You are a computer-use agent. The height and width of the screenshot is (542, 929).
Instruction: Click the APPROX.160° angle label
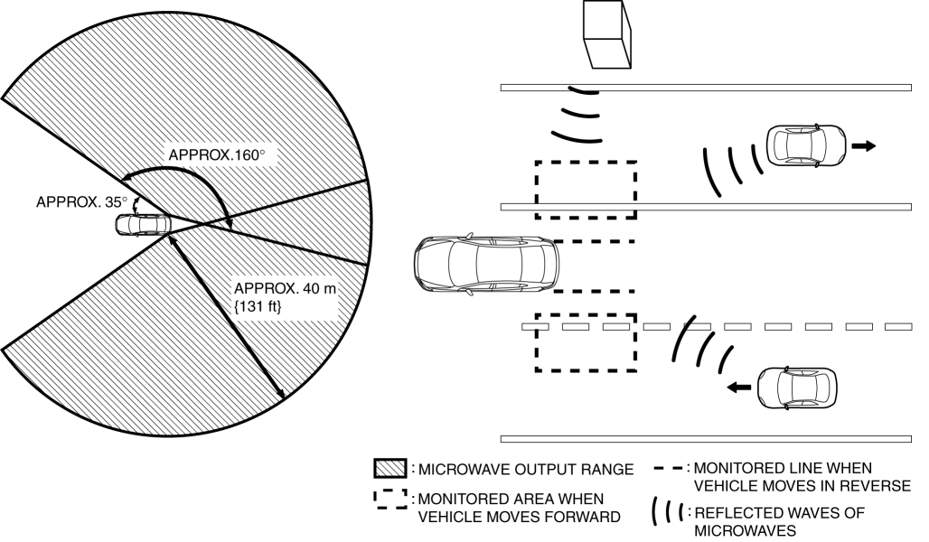tap(217, 154)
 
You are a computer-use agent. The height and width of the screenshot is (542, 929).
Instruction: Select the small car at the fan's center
tap(141, 224)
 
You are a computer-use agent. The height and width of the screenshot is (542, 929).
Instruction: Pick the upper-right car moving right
tap(806, 146)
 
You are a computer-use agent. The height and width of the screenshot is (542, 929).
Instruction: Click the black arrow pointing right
tap(865, 146)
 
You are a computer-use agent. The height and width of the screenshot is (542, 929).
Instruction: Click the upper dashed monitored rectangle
tap(586, 190)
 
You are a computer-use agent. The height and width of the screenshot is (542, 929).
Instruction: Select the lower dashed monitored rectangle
tap(586, 343)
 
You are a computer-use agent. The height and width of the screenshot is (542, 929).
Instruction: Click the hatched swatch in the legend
tap(391, 469)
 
